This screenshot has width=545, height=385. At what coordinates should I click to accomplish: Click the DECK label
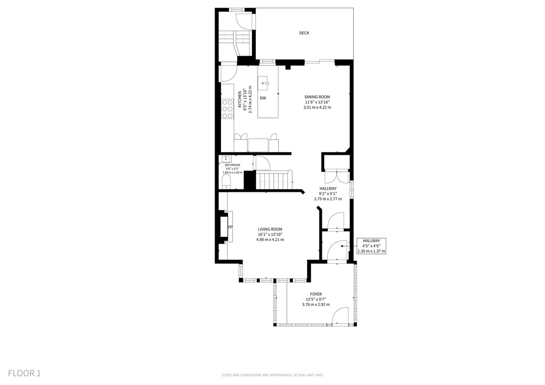[x=304, y=33]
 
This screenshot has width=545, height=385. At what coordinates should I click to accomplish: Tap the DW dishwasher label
[x=263, y=98]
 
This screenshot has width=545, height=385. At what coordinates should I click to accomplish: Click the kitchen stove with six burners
[x=227, y=109]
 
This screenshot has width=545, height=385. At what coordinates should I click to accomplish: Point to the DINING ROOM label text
[x=317, y=97]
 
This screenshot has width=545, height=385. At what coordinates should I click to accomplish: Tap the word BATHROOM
[x=232, y=165]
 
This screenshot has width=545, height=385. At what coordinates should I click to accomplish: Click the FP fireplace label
[x=230, y=227]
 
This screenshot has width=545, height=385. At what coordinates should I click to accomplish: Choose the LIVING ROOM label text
[x=270, y=229]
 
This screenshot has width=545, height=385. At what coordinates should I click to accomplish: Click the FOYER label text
[x=316, y=294]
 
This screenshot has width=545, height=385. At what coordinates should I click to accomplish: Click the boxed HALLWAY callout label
[x=371, y=246]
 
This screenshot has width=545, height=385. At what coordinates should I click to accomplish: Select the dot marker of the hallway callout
[x=342, y=246]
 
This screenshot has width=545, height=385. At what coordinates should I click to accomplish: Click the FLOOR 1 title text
[x=24, y=374]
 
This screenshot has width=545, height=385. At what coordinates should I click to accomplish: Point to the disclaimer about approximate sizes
[x=272, y=375]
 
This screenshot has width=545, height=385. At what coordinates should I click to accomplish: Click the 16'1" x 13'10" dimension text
[x=270, y=234]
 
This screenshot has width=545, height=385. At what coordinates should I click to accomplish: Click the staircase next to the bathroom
[x=274, y=180]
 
